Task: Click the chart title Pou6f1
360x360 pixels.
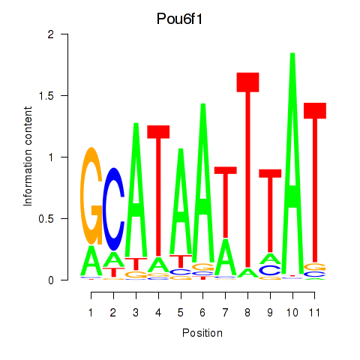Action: click(x=179, y=19)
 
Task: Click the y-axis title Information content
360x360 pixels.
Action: click(x=28, y=157)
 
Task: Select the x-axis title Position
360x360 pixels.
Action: click(x=202, y=333)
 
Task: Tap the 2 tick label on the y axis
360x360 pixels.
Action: click(x=51, y=34)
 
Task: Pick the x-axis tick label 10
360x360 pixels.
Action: click(x=292, y=313)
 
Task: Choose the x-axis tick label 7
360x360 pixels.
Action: click(x=225, y=313)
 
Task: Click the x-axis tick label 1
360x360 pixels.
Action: click(x=91, y=313)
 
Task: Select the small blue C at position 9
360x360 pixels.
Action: click(x=270, y=270)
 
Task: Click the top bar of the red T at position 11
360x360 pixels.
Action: click(x=315, y=110)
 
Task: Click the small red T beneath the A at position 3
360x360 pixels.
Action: click(x=136, y=264)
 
